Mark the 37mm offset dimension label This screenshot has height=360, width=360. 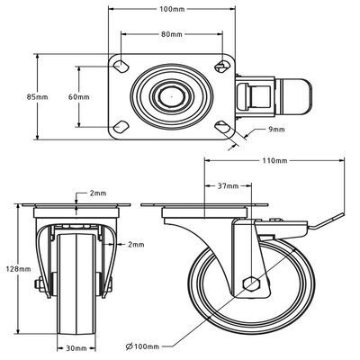(x=229, y=186)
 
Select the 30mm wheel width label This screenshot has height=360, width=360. (x=76, y=346)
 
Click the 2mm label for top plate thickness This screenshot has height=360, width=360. (x=96, y=193)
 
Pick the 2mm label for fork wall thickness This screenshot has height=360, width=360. (x=136, y=244)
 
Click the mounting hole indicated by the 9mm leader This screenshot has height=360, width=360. (x=223, y=125)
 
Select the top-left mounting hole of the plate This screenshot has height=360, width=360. (x=120, y=67)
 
